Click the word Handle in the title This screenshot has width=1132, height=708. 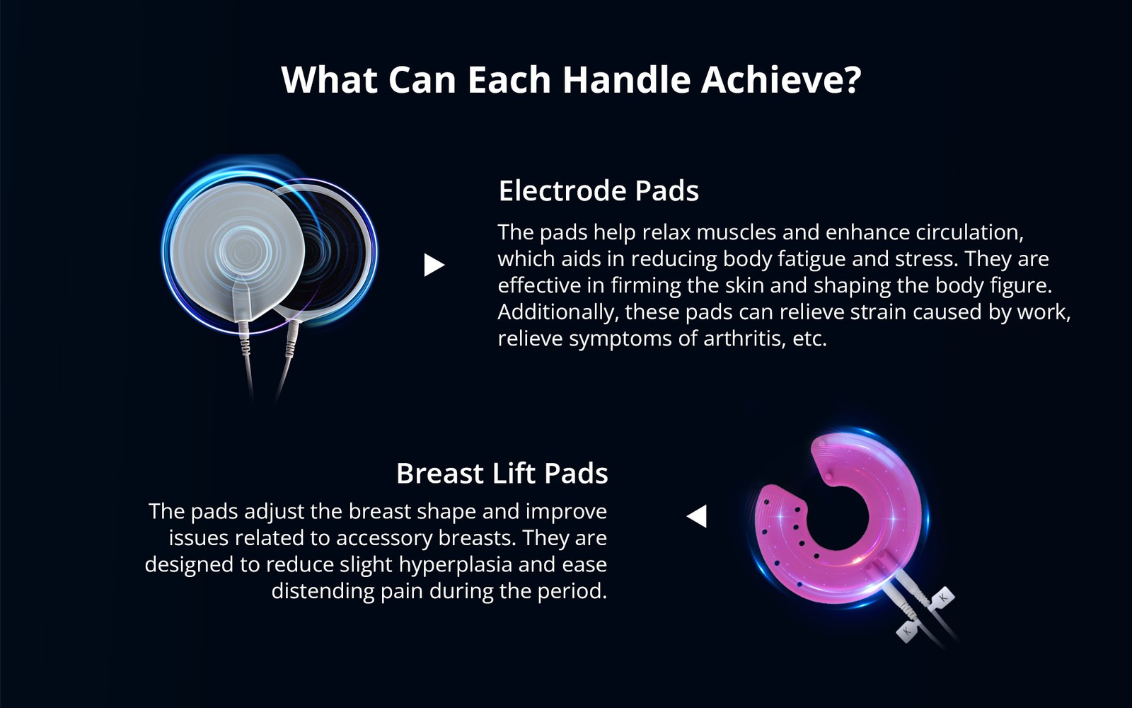[625, 79]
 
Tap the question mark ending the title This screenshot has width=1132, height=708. [852, 79]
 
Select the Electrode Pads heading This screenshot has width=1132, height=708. [599, 191]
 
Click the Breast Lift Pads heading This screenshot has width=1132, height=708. [502, 473]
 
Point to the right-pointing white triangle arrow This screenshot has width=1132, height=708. [433, 265]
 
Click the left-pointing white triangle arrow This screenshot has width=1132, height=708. [698, 515]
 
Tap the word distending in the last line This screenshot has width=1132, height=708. [323, 590]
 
